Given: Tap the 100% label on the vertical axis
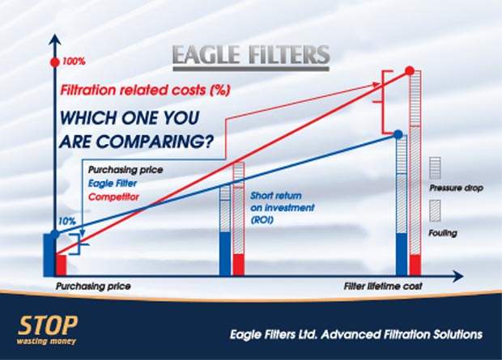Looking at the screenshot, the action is tap(74, 61).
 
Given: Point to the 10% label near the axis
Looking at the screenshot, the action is tap(67, 221).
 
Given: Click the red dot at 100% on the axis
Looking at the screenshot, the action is tap(55, 63).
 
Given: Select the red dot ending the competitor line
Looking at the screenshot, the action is tap(410, 70).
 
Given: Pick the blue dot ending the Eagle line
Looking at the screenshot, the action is tap(398, 134).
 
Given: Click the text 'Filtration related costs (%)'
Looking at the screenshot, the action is tap(145, 90).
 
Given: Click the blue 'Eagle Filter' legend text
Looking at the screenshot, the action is tap(113, 184).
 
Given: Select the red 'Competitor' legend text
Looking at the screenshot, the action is tap(113, 197).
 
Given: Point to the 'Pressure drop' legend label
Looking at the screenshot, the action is tap(456, 188).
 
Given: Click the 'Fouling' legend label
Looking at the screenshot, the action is tap(443, 233).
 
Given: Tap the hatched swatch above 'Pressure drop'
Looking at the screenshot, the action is tap(435, 167).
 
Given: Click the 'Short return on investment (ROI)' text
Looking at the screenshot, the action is tap(282, 208).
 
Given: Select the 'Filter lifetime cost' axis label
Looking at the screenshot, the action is tap(383, 286).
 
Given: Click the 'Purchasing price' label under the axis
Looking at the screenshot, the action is tap(93, 286).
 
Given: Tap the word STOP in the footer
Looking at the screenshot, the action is tap(48, 325).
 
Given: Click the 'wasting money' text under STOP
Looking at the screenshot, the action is tap(46, 341).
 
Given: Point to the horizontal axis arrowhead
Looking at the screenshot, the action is tap(458, 276).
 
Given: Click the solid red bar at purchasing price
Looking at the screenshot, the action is tap(62, 265).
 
